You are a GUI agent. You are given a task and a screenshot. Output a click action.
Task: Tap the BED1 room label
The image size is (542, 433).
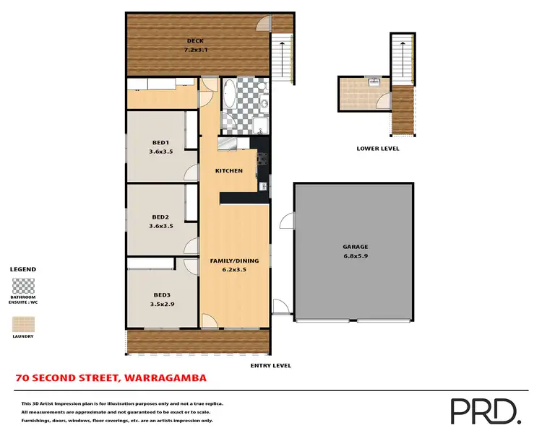160,142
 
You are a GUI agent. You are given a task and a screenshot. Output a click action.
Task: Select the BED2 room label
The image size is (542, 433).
160,216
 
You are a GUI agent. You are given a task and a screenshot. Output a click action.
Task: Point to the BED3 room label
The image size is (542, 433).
162,294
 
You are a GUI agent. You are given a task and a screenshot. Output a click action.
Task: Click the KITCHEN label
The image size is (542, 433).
228,171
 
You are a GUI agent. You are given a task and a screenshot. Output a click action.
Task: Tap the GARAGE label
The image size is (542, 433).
355,247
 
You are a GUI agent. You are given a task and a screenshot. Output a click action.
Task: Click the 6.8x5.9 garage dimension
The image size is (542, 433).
355,256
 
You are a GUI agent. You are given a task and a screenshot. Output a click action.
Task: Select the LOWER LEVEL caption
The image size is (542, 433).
377,149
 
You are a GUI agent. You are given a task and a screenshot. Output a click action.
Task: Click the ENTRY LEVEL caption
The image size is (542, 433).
270,366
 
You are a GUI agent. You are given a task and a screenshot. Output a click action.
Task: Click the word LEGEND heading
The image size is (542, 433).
22,269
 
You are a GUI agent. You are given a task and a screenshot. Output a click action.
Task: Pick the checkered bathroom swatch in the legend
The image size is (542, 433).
22,284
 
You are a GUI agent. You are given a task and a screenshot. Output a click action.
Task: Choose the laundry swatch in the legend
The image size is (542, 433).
22,323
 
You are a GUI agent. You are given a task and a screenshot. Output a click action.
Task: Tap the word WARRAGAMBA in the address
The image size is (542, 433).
165,377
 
